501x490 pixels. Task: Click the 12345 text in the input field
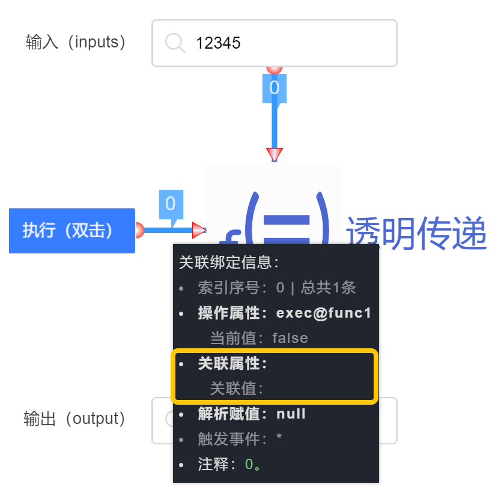point(218,43)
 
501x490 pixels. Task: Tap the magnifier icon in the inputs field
point(175,43)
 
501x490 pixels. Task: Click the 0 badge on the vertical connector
point(275,88)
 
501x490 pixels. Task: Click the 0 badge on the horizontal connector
point(171,204)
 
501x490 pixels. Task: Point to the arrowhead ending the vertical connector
point(275,155)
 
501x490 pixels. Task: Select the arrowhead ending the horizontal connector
point(199,230)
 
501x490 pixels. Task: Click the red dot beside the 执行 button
point(139,230)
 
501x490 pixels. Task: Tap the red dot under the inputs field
point(275,69)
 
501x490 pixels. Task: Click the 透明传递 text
point(416,234)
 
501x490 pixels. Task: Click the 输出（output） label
point(75,419)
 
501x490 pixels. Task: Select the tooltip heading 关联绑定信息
point(229,262)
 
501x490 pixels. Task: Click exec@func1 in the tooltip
point(324,313)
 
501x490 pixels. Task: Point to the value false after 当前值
point(290,338)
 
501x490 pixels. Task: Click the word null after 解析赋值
point(291,414)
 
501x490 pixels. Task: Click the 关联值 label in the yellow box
point(237,389)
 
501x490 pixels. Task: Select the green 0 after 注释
point(249,464)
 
